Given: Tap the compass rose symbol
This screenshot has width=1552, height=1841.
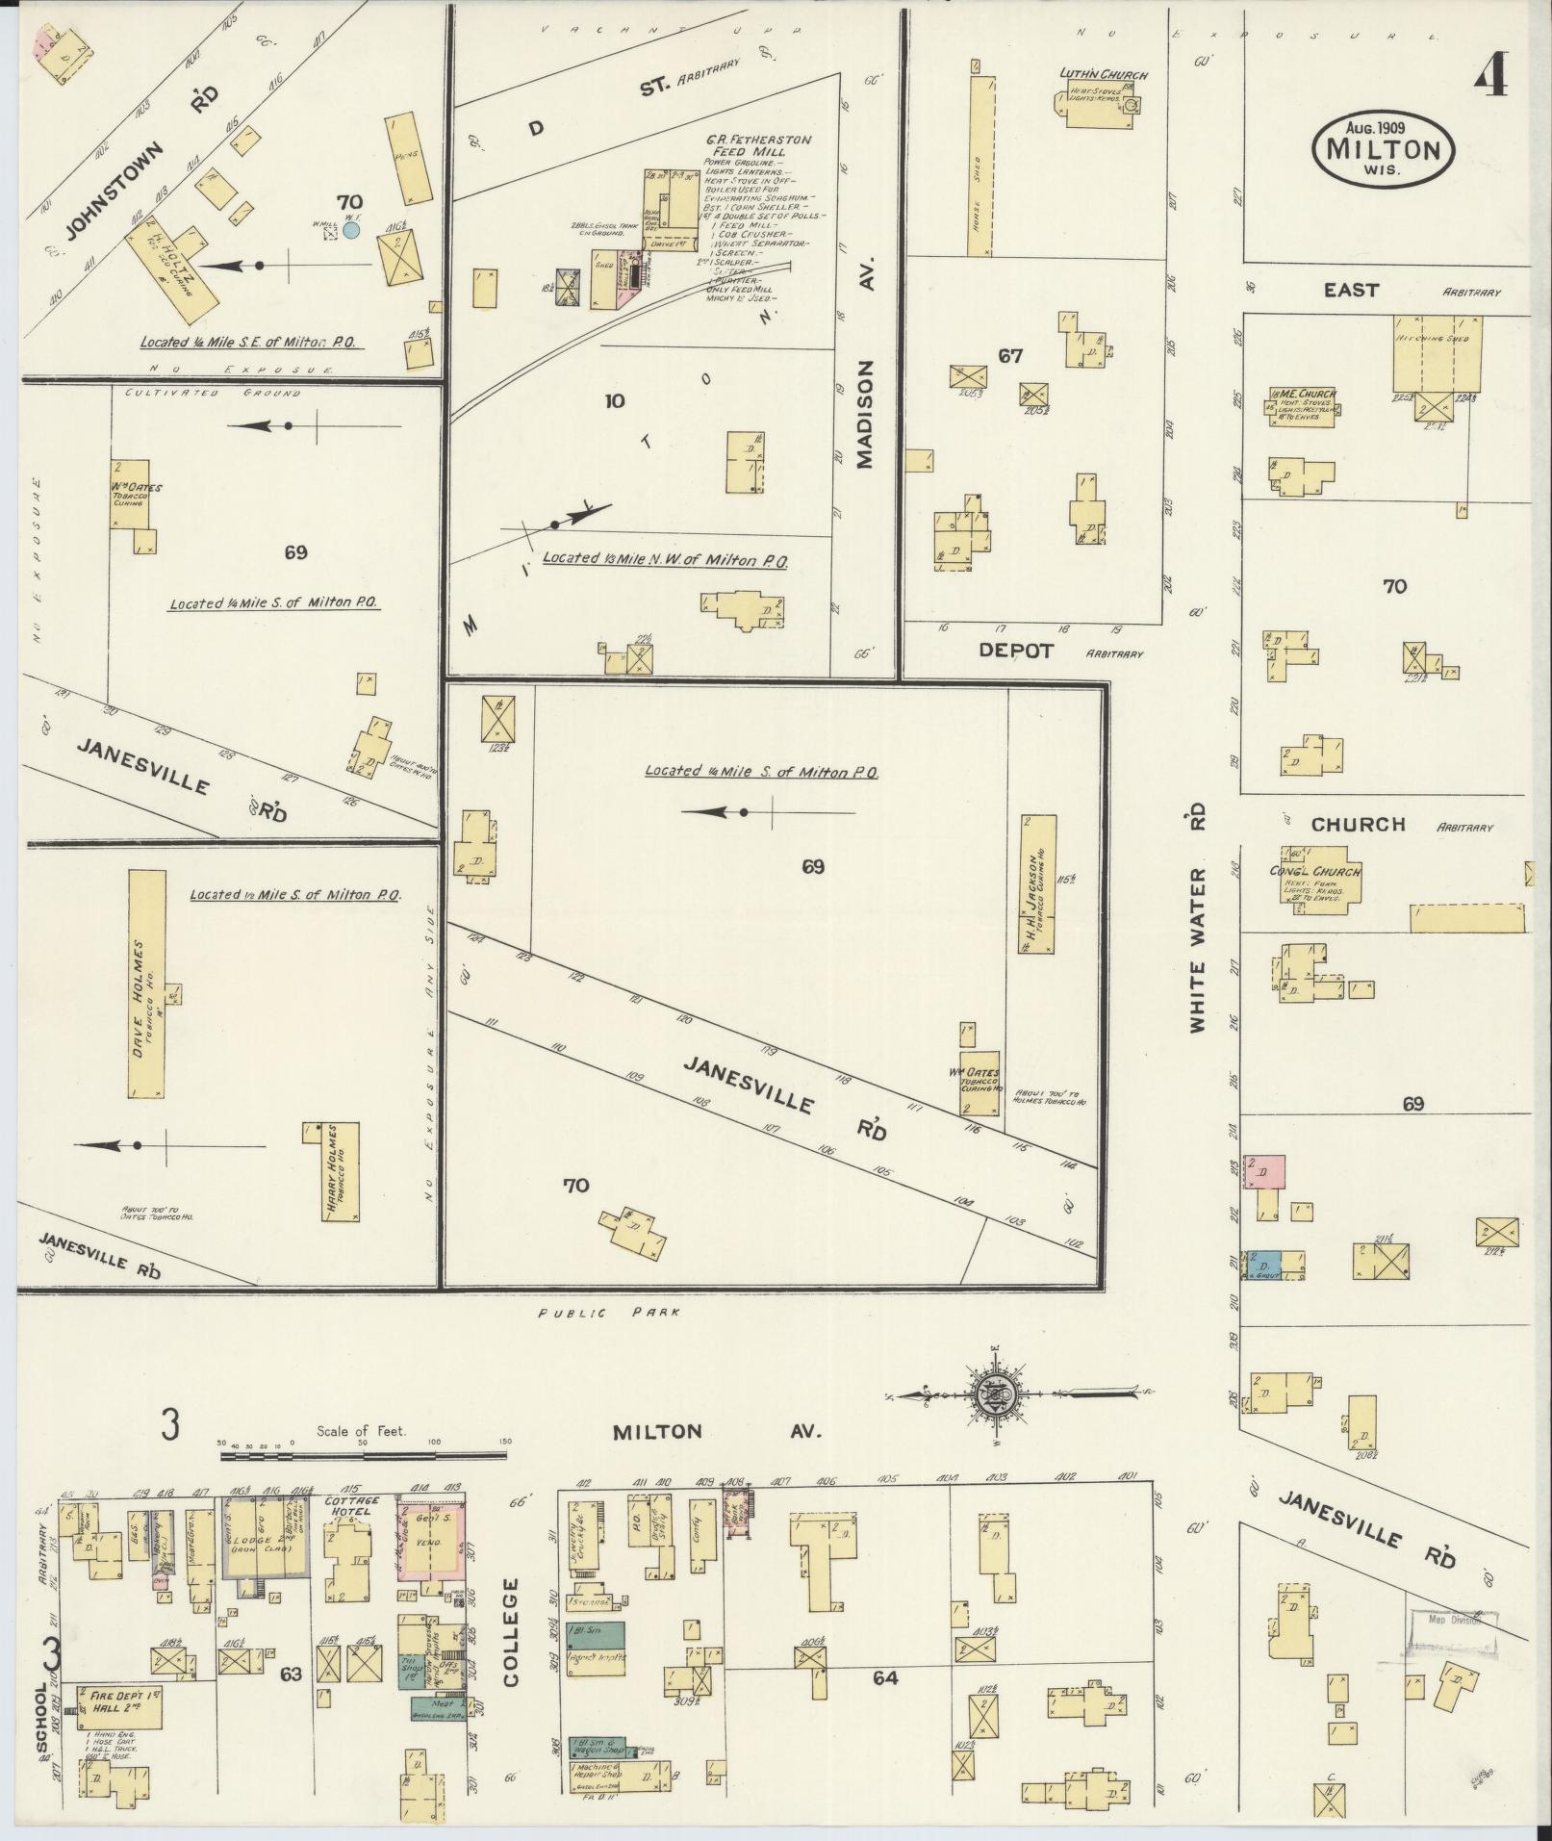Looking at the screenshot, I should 992,1393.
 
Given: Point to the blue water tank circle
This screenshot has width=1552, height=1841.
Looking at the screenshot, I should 351,230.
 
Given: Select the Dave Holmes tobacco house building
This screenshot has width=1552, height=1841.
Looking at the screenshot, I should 146,984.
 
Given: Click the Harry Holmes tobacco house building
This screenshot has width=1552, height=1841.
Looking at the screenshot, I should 339,1171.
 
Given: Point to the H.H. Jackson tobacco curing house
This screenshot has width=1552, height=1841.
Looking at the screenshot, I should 1037,884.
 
